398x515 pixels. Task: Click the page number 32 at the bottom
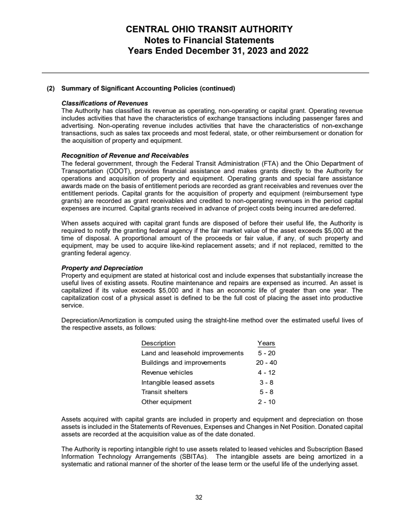199,497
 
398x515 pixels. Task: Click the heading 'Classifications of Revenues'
98,103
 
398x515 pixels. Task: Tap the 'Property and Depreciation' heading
102,268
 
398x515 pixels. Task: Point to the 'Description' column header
158,343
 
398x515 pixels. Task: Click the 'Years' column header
266,343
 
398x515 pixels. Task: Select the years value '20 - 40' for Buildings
267,362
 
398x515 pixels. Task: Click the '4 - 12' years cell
267,372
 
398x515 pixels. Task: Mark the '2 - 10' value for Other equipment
267,402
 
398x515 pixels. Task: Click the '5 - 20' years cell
267,353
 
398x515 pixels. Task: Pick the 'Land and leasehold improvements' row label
193,353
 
